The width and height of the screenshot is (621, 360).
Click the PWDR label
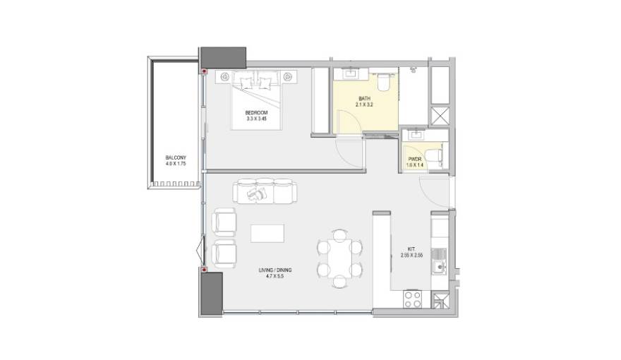click(414, 160)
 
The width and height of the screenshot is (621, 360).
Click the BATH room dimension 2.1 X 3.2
click(364, 105)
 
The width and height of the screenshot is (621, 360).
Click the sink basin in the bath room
click(351, 73)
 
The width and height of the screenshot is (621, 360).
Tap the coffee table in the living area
click(268, 234)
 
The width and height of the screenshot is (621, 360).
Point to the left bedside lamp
click(224, 76)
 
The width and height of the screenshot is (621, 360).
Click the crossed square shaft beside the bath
click(440, 116)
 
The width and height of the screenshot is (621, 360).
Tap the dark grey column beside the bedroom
click(223, 56)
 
